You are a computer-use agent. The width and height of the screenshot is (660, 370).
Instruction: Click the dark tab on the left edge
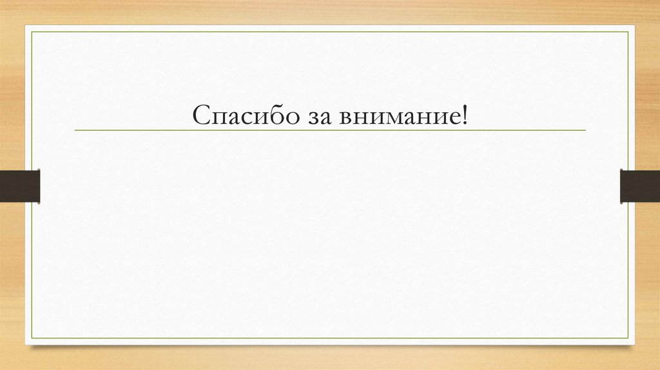pyautogui.click(x=20, y=186)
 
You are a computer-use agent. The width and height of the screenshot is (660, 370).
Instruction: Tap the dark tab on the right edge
pyautogui.click(x=639, y=186)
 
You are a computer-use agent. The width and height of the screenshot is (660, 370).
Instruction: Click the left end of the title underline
pyautogui.click(x=75, y=130)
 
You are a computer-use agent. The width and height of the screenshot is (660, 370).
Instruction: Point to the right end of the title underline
pyautogui.click(x=585, y=130)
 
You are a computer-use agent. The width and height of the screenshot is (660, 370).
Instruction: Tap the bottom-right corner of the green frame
pyautogui.click(x=628, y=338)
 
